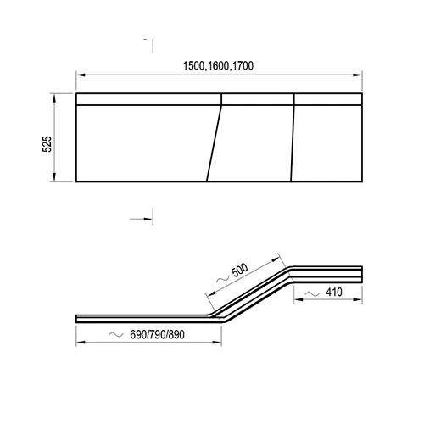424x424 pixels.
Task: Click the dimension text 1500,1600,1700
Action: click(x=218, y=66)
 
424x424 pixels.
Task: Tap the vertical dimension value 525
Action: click(x=47, y=144)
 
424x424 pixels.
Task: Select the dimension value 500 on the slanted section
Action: click(x=240, y=270)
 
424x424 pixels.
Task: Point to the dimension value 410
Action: click(x=334, y=293)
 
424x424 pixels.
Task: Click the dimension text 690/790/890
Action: click(x=157, y=335)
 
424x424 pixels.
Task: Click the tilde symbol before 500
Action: click(x=223, y=279)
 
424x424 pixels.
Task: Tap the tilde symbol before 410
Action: click(x=312, y=294)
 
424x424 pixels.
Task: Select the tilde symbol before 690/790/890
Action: click(x=116, y=335)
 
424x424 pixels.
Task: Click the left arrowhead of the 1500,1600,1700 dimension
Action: click(x=81, y=75)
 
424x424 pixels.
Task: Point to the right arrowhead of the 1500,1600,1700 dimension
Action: click(x=358, y=75)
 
